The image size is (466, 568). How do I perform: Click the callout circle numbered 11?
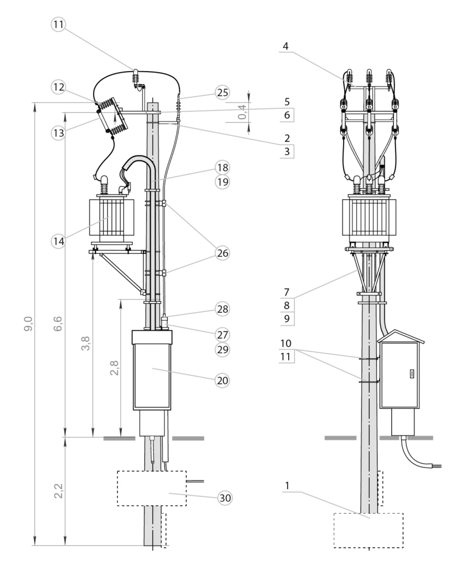(x=59, y=25)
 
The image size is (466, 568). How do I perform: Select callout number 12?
(x=59, y=87)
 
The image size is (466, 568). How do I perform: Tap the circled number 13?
(x=59, y=133)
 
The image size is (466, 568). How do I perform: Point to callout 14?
(x=59, y=241)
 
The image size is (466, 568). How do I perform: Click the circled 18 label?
(x=222, y=168)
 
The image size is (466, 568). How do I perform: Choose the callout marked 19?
(x=222, y=182)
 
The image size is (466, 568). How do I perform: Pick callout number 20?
(x=222, y=381)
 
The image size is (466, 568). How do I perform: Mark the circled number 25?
(x=222, y=93)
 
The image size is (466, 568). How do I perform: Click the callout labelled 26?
(x=222, y=253)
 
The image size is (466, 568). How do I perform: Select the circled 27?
(x=222, y=335)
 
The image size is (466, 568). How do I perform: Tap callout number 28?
(x=222, y=309)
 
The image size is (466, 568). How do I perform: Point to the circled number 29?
(x=222, y=350)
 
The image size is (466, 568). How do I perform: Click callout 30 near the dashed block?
(x=224, y=498)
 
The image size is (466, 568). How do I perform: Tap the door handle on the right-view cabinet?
(x=412, y=373)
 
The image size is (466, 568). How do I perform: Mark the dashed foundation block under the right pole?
(x=368, y=530)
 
